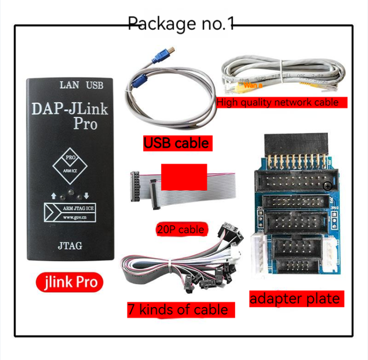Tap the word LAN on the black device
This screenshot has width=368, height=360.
tap(70, 85)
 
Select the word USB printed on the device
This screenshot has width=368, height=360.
tap(94, 85)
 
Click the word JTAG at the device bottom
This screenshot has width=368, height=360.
tap(70, 246)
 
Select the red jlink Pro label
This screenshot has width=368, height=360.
tap(70, 282)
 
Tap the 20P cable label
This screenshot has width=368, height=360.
tap(180, 229)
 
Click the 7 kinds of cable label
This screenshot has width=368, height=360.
tap(178, 310)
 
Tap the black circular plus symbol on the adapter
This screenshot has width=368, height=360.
tap(327, 186)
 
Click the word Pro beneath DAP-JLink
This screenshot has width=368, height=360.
tap(85, 124)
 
